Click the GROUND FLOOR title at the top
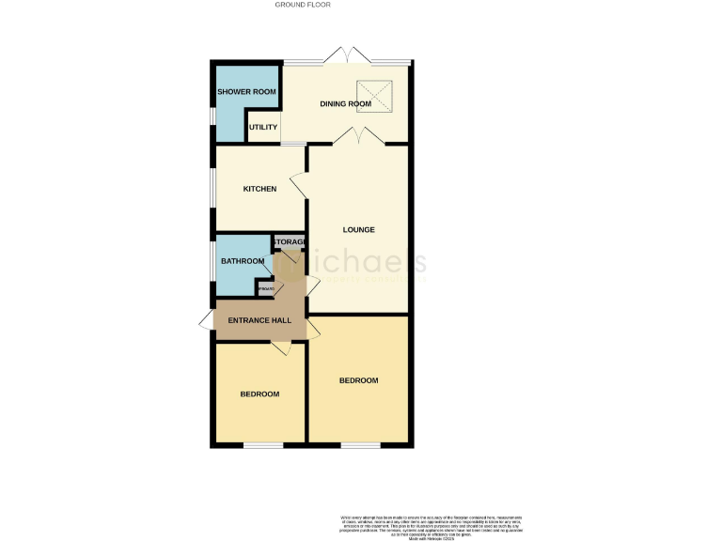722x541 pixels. [x=303, y=5]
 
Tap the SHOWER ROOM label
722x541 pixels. [x=246, y=92]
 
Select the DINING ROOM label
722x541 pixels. [x=339, y=104]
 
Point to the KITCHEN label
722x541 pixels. [x=259, y=190]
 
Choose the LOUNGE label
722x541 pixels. [x=358, y=230]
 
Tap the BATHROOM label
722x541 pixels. [x=243, y=261]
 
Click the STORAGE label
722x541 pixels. [x=290, y=242]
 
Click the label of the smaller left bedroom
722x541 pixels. [x=259, y=394]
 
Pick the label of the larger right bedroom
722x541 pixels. [x=358, y=380]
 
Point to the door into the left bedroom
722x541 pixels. [x=280, y=348]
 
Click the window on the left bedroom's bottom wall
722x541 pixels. [x=262, y=443]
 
